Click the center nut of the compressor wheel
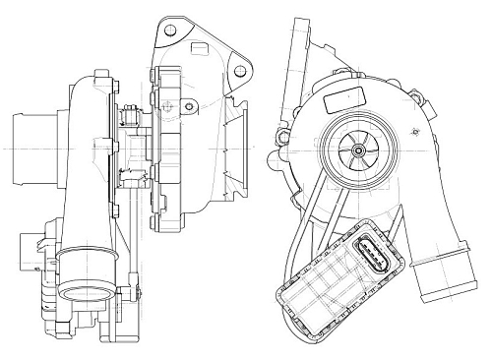click(361, 148)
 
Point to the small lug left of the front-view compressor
click(285, 138)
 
